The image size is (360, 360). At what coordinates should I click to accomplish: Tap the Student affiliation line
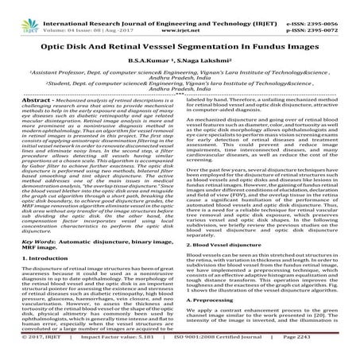click(180, 75)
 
